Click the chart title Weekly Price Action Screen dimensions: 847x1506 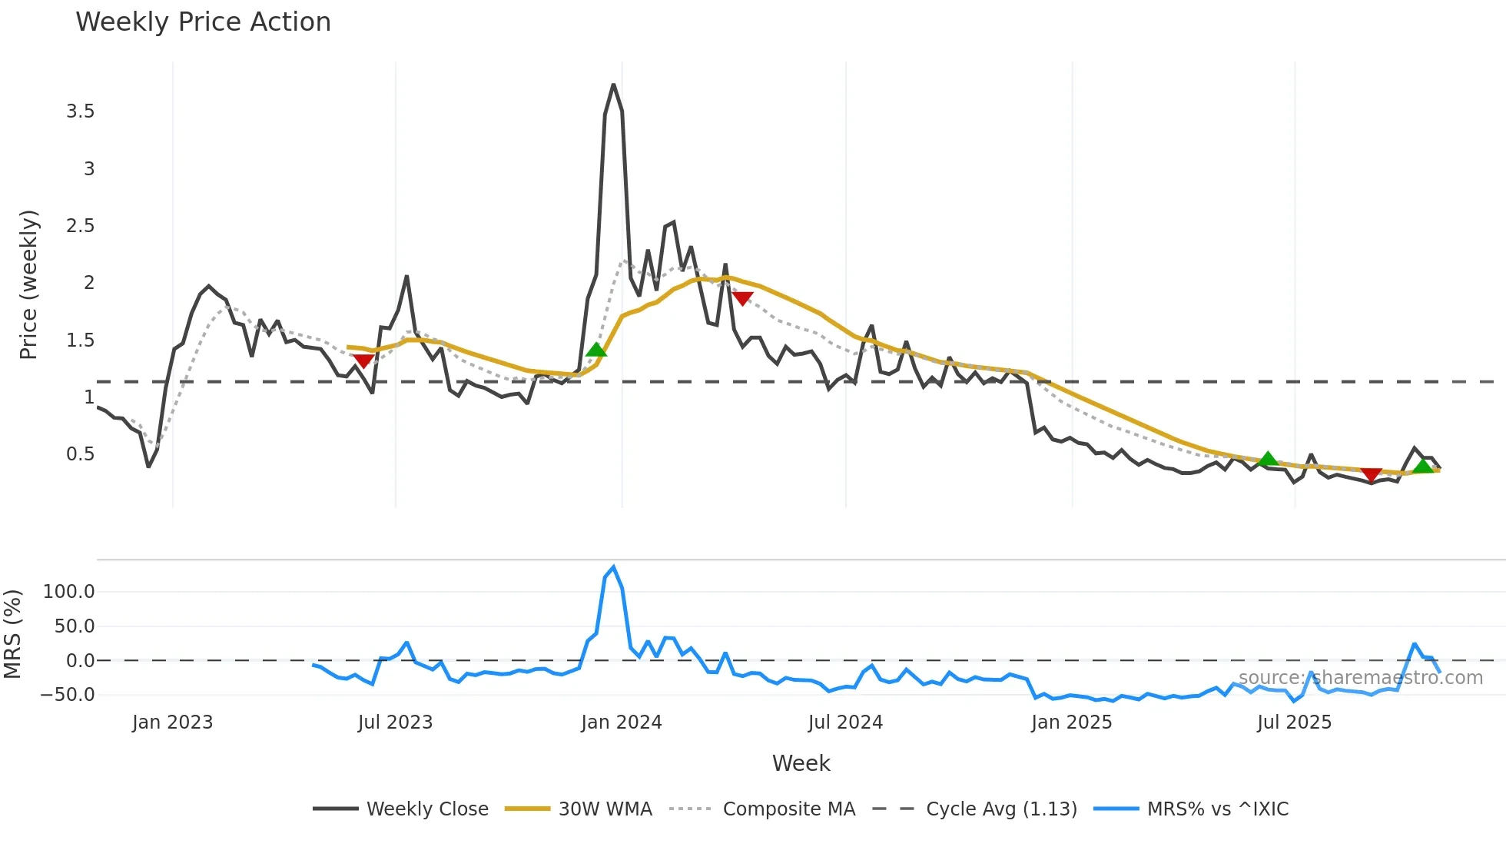point(203,22)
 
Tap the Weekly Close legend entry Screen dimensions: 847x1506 point(426,809)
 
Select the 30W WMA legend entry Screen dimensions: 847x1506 point(605,809)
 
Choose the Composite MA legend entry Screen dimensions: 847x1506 point(788,809)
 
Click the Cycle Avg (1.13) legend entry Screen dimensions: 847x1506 point(1001,809)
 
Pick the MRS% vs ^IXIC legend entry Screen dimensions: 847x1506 point(1217,809)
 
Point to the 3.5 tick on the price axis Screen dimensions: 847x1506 point(81,111)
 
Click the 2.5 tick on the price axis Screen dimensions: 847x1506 point(81,226)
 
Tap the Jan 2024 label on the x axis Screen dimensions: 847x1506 point(622,722)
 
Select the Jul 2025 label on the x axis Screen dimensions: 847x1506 point(1295,722)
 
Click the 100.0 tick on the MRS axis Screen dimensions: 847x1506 point(69,592)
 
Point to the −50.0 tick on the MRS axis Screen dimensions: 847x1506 point(68,695)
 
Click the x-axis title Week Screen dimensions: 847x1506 point(801,763)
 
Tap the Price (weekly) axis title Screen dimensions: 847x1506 point(28,284)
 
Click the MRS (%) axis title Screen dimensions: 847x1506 point(12,634)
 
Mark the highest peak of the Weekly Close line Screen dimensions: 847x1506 point(613,85)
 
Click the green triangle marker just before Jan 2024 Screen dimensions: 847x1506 point(596,350)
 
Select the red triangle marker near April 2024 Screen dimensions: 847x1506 point(742,298)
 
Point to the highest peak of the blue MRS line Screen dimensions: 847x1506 point(613,567)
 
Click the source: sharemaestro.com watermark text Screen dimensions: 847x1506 point(1360,678)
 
